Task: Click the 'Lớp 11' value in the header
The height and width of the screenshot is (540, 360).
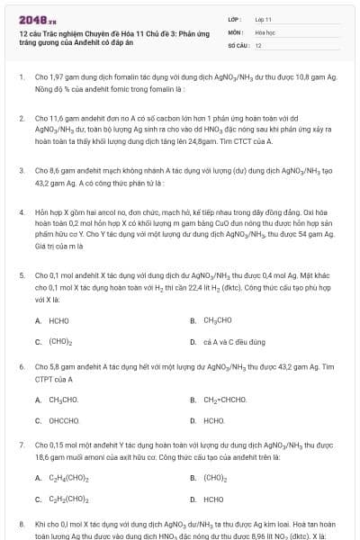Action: [x=263, y=18]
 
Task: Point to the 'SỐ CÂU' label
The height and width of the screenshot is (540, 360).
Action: [x=236, y=44]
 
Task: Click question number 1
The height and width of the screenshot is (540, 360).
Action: [x=21, y=77]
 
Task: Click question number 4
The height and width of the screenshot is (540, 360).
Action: [x=21, y=209]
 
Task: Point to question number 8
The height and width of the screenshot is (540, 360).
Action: [x=21, y=523]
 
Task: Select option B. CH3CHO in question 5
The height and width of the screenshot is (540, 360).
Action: [x=212, y=320]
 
